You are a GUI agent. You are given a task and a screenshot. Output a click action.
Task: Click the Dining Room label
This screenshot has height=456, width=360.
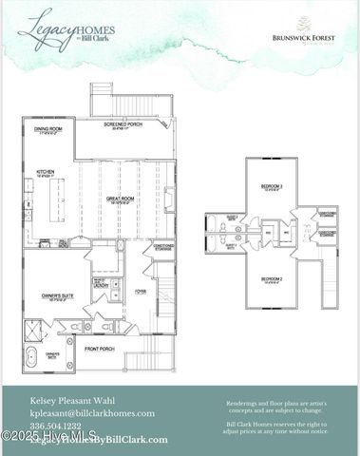coord(48,130)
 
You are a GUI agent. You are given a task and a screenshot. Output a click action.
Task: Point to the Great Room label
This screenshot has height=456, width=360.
coord(120,199)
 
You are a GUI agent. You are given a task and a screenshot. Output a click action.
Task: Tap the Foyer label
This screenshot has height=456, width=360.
coord(141,292)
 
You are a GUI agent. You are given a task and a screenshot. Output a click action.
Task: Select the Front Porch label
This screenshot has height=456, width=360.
coord(99,349)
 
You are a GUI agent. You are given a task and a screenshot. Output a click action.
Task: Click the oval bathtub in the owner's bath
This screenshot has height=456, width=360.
coord(31,358)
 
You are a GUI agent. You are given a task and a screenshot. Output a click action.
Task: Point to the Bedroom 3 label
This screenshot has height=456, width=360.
coord(272,186)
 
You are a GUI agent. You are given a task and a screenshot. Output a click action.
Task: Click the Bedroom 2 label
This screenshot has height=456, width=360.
coord(272,279)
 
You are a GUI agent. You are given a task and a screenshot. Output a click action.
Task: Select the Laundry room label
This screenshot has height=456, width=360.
coord(100,283)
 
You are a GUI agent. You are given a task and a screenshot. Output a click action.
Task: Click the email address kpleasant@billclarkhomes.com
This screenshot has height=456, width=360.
coord(91,413)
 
